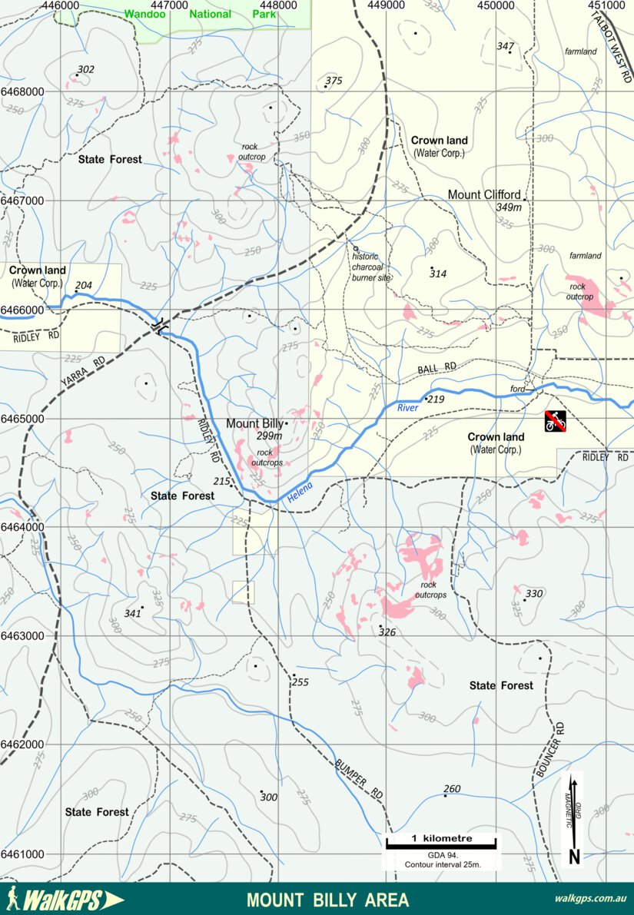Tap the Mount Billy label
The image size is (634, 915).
(254, 424)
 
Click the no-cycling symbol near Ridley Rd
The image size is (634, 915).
(556, 420)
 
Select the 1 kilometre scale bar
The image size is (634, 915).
(442, 843)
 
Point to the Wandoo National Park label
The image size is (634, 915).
(200, 14)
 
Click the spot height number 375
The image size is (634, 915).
(334, 81)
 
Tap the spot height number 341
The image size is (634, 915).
(132, 614)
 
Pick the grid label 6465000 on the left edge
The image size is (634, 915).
(22, 419)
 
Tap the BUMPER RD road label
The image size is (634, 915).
(359, 778)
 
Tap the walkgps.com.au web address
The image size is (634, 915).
(589, 899)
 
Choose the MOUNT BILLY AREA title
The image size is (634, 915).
(327, 900)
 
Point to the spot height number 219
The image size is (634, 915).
(436, 399)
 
